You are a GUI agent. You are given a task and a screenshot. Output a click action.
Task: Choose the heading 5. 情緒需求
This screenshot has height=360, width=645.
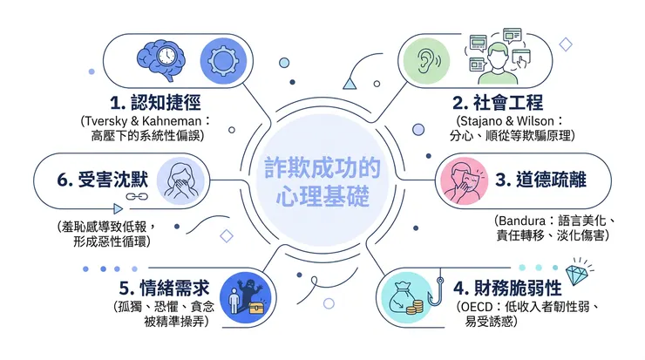(x=160, y=286)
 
